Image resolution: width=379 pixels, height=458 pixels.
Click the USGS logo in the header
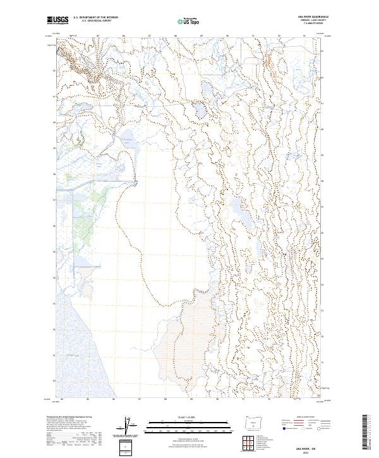57,20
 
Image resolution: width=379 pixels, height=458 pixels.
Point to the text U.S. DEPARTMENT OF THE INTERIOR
95,18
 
